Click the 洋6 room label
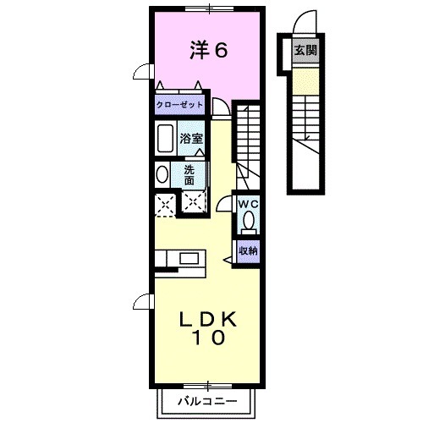207,51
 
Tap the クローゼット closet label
179,106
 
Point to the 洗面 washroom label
190,174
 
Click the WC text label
249,205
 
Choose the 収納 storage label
248,250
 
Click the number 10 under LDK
208,339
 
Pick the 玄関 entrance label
305,50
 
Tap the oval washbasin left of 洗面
162,174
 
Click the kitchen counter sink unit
179,259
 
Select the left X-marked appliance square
165,203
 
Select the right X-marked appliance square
194,203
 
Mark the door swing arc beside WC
224,206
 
